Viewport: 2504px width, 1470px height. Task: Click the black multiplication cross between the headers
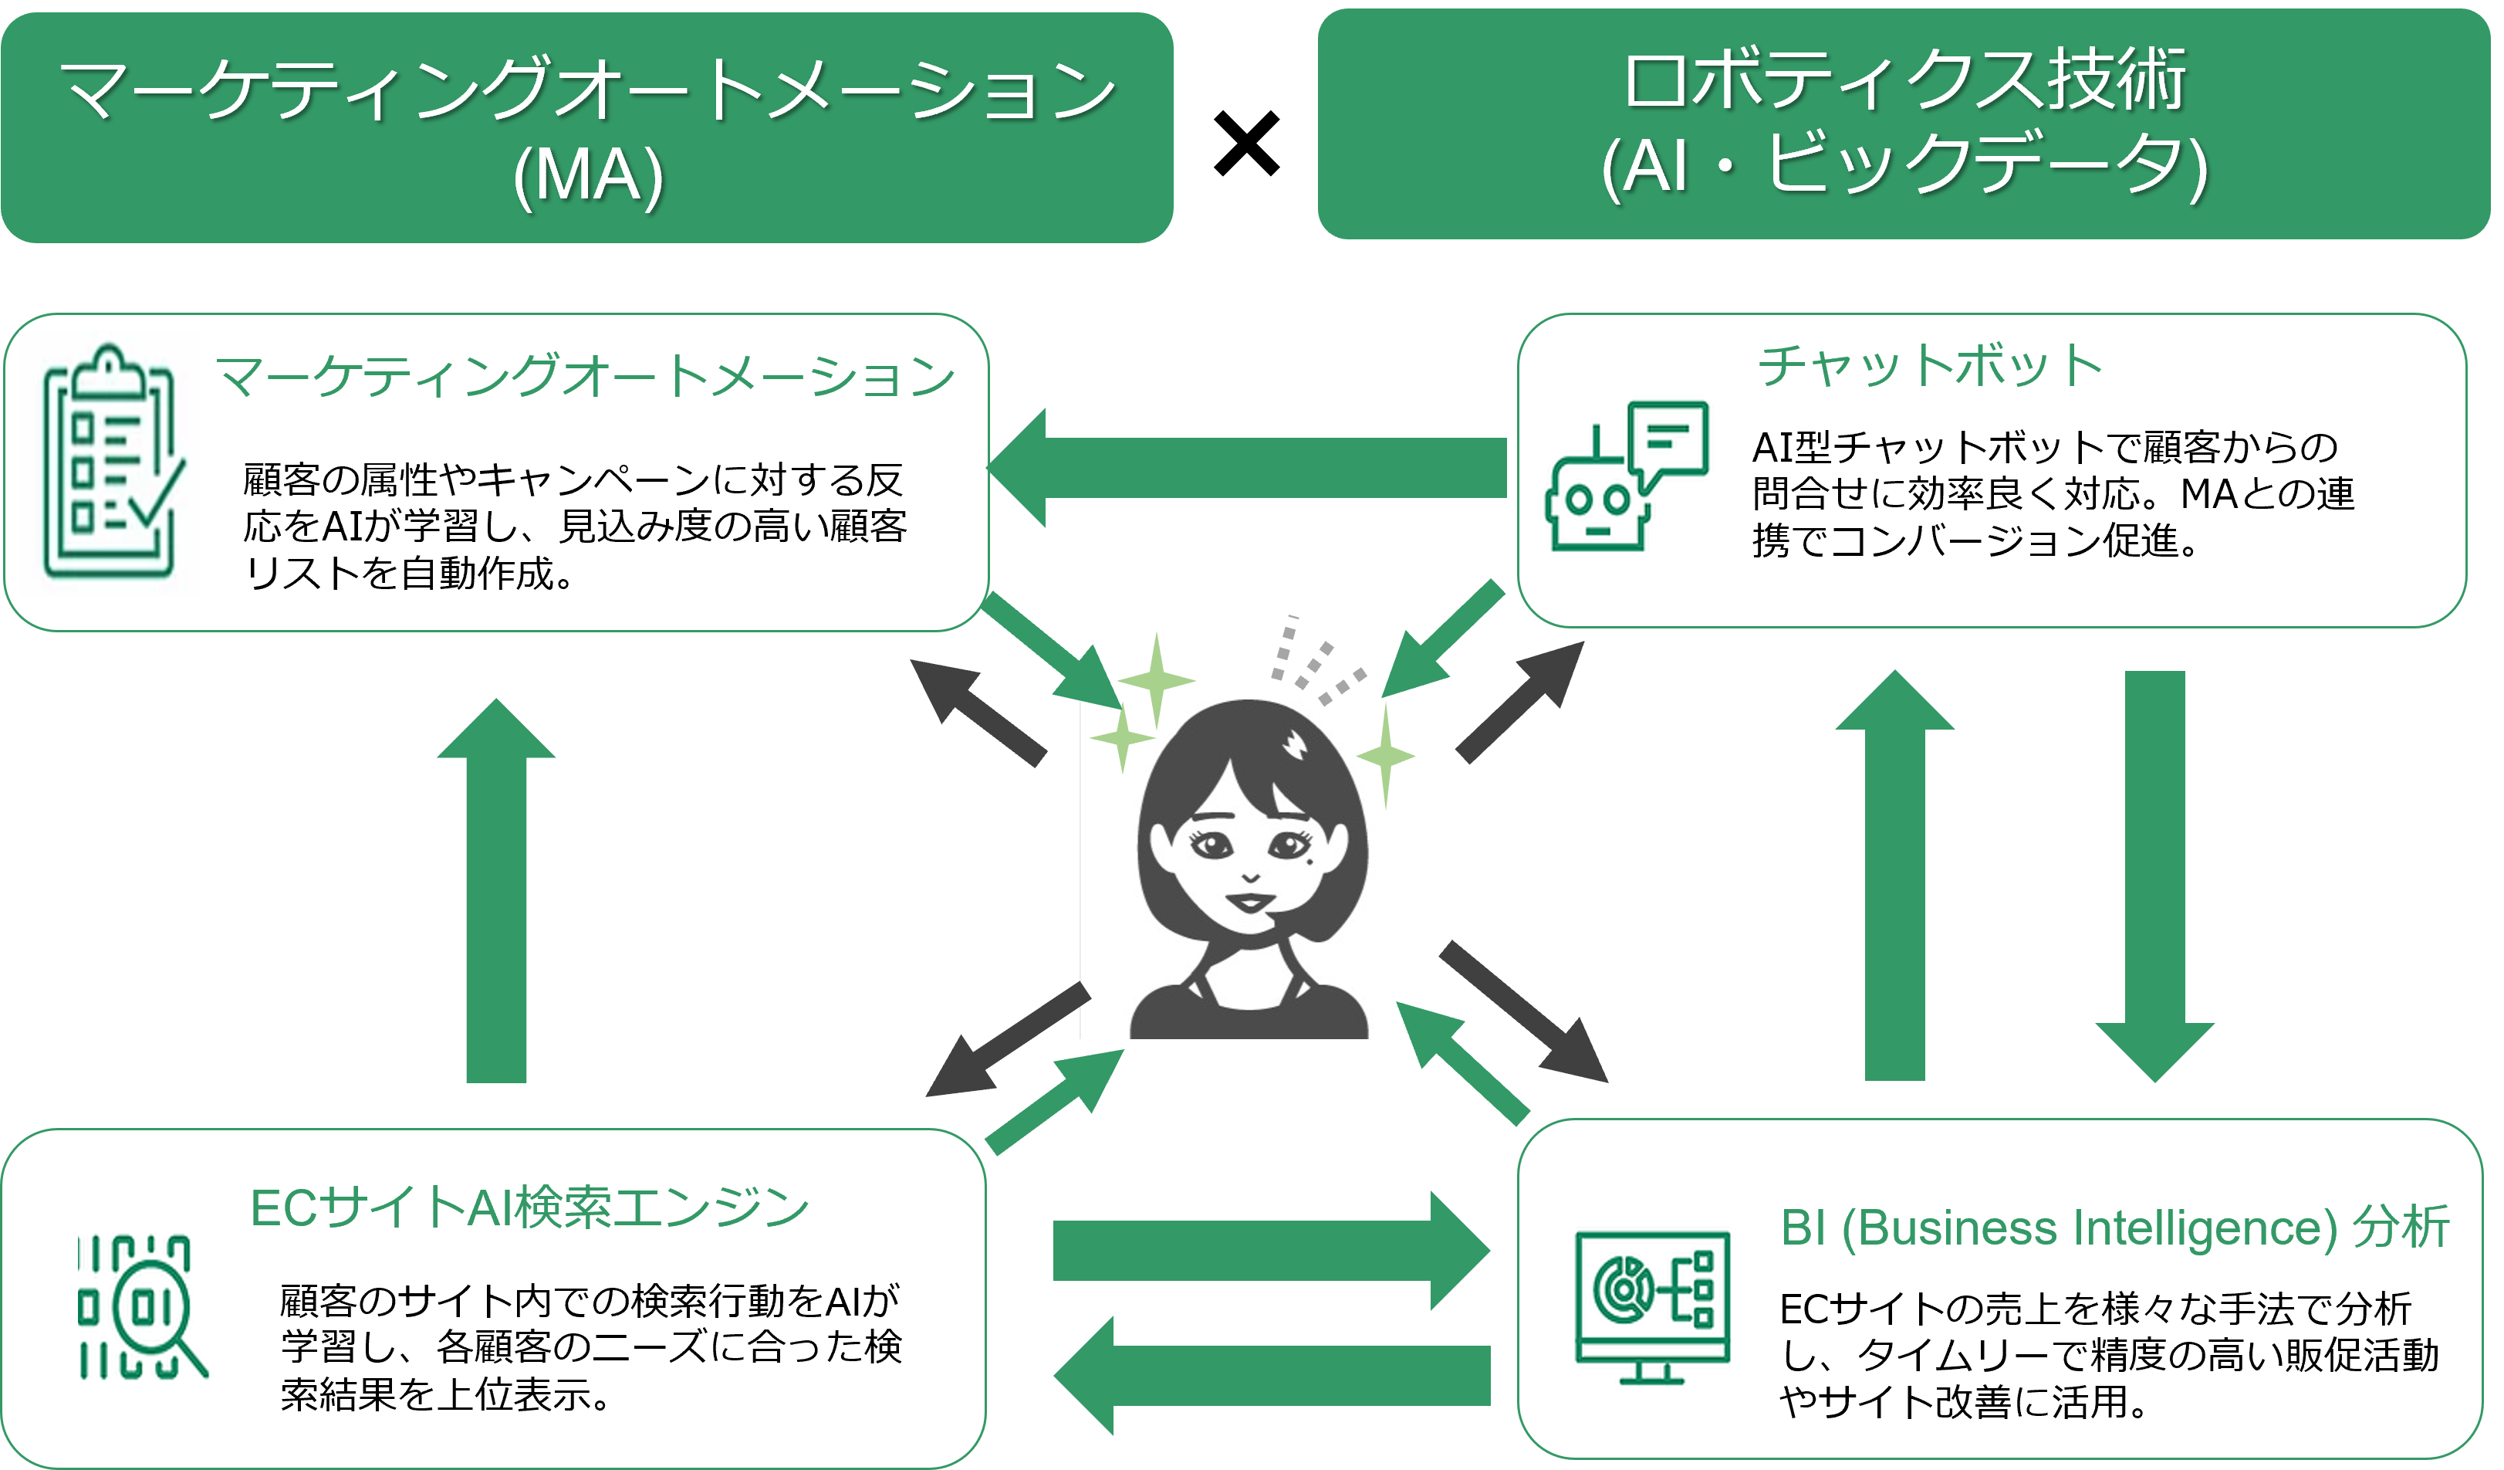(1247, 144)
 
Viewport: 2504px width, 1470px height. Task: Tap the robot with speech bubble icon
(1627, 475)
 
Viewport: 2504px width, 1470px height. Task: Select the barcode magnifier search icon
(141, 1307)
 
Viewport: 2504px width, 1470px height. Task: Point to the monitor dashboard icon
(1652, 1307)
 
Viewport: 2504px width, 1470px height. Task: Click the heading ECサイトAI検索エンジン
(529, 1208)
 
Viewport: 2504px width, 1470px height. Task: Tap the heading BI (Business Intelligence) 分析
(2114, 1227)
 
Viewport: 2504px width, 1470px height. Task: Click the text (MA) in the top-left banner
(588, 175)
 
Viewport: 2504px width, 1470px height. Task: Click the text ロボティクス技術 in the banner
(1905, 80)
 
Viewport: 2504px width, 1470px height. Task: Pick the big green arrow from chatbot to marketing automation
(1247, 467)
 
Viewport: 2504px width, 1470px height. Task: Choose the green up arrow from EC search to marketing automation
(496, 890)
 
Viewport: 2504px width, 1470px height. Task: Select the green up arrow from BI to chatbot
(1895, 875)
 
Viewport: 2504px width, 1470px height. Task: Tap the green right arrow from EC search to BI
(1272, 1250)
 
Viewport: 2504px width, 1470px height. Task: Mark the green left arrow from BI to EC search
(1272, 1376)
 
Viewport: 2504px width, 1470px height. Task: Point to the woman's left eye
(1289, 845)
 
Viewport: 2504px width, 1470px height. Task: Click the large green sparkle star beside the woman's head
(1156, 681)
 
